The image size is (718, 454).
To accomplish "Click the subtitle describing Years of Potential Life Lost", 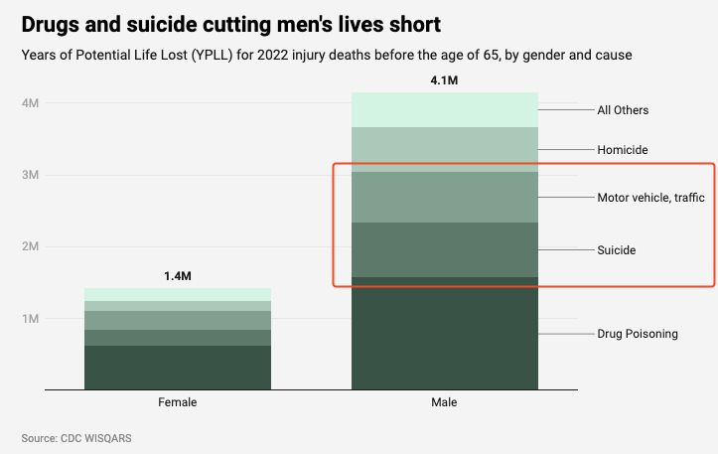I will coord(326,56).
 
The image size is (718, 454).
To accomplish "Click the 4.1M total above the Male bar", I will coord(444,79).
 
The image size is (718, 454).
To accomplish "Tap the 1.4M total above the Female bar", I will coord(177,275).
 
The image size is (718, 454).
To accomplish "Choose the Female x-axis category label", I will coord(177,402).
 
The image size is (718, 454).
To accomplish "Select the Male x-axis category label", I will coord(444,402).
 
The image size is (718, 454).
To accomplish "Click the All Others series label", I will coord(623,110).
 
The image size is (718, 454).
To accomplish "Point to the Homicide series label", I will coord(622,150).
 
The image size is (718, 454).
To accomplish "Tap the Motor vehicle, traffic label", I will coord(649,198).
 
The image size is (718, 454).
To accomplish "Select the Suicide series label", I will coord(616,250).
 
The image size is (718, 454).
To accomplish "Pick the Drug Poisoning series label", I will coord(637,334).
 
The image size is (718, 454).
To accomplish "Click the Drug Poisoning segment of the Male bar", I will coord(444,333).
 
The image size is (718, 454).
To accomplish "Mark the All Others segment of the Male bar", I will coord(444,109).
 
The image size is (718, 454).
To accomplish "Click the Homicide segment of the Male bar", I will coord(444,149).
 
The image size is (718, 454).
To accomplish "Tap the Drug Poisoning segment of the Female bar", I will coord(177,367).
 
